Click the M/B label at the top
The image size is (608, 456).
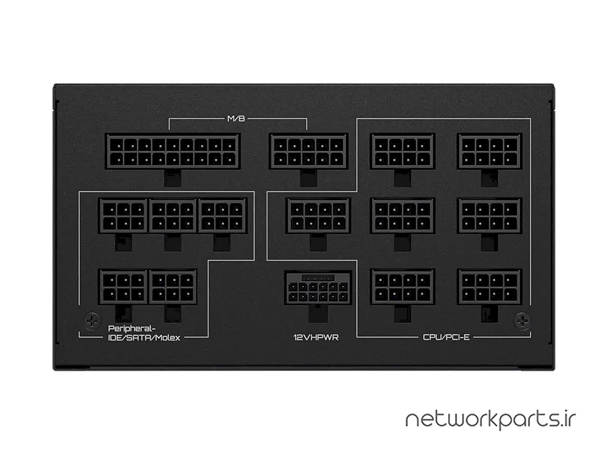pos(236,119)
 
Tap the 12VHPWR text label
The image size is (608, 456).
pos(316,337)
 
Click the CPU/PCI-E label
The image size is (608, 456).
pos(446,337)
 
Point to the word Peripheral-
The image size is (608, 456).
pos(132,328)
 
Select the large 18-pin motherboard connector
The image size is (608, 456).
pos(173,151)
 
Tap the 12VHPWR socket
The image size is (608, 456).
pos(318,288)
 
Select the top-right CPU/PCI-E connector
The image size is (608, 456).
pos(489,151)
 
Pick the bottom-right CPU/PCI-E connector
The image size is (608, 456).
pos(489,287)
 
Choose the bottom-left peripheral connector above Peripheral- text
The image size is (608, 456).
pos(123,287)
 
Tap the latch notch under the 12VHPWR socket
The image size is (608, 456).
pos(318,313)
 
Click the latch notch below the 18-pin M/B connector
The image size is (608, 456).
pos(172,178)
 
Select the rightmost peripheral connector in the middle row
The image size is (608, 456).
pos(222,216)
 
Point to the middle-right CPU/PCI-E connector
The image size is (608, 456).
pos(489,216)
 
